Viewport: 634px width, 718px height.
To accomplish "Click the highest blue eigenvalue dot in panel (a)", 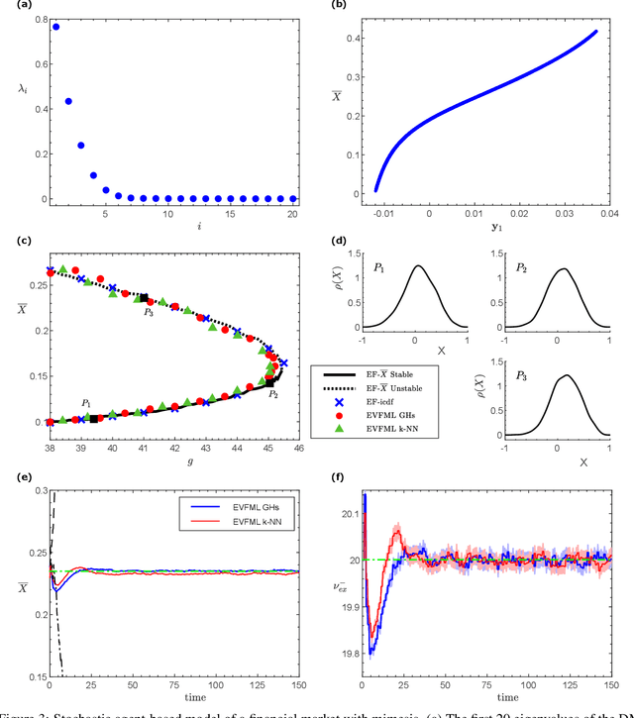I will [55, 27].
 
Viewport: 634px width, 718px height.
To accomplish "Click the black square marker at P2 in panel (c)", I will [269, 381].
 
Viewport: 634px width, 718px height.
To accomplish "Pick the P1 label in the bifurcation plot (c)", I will [86, 404].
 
